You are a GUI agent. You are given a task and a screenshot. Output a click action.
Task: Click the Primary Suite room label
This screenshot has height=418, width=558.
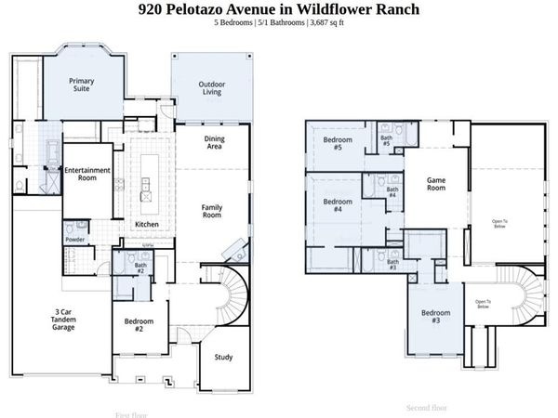pos(82,85)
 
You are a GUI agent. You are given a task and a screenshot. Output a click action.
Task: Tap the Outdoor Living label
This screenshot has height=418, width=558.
pos(211,89)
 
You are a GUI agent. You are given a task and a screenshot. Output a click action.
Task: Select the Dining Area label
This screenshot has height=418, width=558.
pos(214,143)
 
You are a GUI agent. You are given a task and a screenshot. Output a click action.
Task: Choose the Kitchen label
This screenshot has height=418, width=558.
pos(147,225)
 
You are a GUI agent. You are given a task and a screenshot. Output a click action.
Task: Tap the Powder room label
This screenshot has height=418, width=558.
pos(75,240)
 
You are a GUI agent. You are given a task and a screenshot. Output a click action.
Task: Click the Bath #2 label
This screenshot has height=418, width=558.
pos(139,268)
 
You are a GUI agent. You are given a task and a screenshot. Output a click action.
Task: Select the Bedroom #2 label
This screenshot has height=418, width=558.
pos(139,325)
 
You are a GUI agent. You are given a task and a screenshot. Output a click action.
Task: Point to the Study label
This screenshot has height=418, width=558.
pos(223,357)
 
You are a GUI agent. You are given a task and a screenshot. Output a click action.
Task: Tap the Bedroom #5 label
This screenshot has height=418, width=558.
pos(333,143)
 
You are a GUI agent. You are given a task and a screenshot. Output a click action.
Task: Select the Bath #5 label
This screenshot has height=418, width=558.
pos(386,142)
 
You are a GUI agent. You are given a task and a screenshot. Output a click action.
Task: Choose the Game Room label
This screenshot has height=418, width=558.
pos(436,183)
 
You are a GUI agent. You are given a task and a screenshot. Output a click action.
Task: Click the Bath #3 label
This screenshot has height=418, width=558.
pos(393,265)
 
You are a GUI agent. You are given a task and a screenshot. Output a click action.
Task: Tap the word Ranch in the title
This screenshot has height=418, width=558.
pos(388,9)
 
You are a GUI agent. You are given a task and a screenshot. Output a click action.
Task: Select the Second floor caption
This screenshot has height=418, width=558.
pos(427,407)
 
